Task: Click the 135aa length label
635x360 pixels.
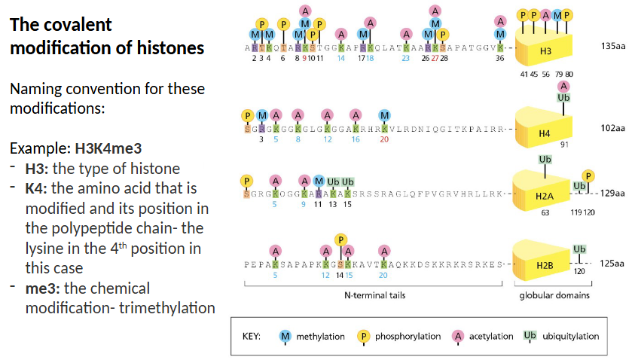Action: click(612, 47)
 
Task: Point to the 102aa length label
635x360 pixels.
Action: click(612, 128)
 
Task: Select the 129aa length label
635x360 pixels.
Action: click(612, 194)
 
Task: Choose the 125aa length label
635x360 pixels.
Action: click(612, 264)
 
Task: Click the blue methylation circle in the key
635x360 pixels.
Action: click(285, 336)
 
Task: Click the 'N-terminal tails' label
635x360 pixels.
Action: click(374, 295)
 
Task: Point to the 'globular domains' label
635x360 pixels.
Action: click(554, 295)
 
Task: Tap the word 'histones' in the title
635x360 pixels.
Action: click(176, 47)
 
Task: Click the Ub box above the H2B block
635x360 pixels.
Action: click(579, 249)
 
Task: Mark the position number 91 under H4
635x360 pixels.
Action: click(563, 145)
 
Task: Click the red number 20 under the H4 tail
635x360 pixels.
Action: click(384, 139)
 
